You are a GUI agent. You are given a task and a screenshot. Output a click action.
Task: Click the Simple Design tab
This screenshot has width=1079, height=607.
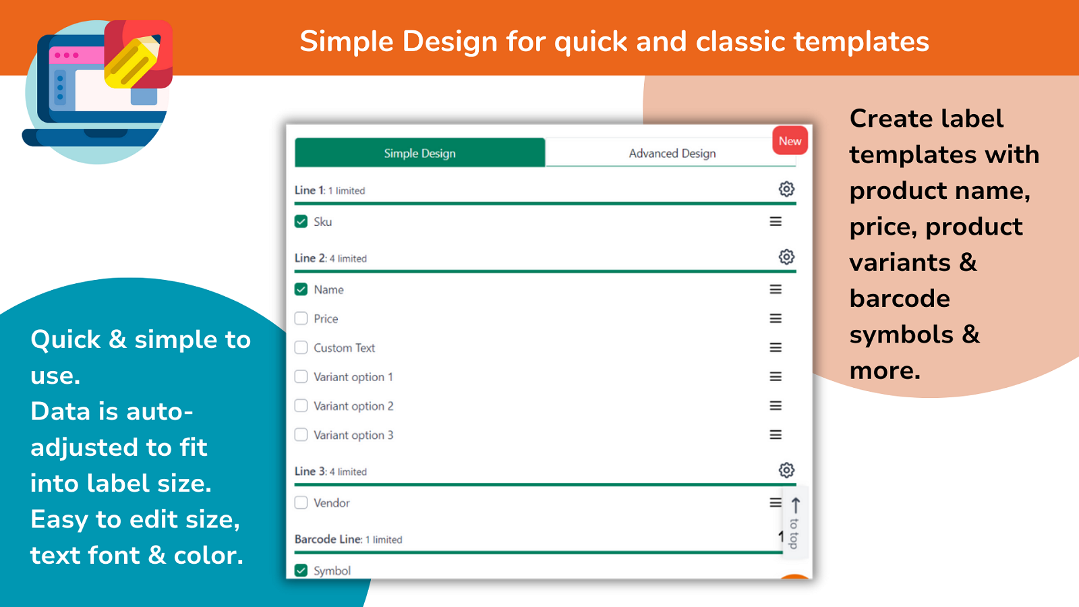pos(419,152)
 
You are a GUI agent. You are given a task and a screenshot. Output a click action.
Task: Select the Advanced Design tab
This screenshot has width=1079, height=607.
pos(672,152)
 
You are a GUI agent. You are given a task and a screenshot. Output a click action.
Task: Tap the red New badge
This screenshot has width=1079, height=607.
pos(790,141)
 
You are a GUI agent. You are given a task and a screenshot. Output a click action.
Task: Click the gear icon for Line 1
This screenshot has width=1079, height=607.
pos(786,190)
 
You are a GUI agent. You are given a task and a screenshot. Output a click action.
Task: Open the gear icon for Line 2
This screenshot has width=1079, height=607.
pos(786,257)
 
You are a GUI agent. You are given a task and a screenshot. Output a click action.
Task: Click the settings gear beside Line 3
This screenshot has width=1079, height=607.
pos(786,470)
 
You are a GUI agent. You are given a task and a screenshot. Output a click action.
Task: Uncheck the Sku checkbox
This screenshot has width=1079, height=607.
pos(301,222)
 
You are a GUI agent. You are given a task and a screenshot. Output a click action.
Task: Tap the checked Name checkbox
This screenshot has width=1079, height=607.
pos(301,289)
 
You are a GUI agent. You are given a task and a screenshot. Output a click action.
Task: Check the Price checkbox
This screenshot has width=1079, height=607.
pos(301,318)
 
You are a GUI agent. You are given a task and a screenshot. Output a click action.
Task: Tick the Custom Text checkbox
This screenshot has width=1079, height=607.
pos(301,348)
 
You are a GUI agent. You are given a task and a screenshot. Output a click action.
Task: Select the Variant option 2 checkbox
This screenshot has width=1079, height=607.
pos(301,406)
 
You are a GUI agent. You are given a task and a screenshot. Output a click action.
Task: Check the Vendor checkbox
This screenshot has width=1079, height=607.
pos(301,503)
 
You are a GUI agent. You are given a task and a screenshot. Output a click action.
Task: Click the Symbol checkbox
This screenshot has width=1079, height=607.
pos(301,571)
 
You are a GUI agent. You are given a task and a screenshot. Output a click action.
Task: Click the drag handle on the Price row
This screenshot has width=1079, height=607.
pos(776,318)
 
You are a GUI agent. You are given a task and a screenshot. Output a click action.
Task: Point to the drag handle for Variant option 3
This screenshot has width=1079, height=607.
pos(776,435)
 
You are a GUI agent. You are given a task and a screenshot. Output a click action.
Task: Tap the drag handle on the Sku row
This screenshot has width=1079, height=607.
pos(776,222)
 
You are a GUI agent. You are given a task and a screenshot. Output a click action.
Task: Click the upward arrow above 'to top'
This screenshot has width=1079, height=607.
pos(795,506)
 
